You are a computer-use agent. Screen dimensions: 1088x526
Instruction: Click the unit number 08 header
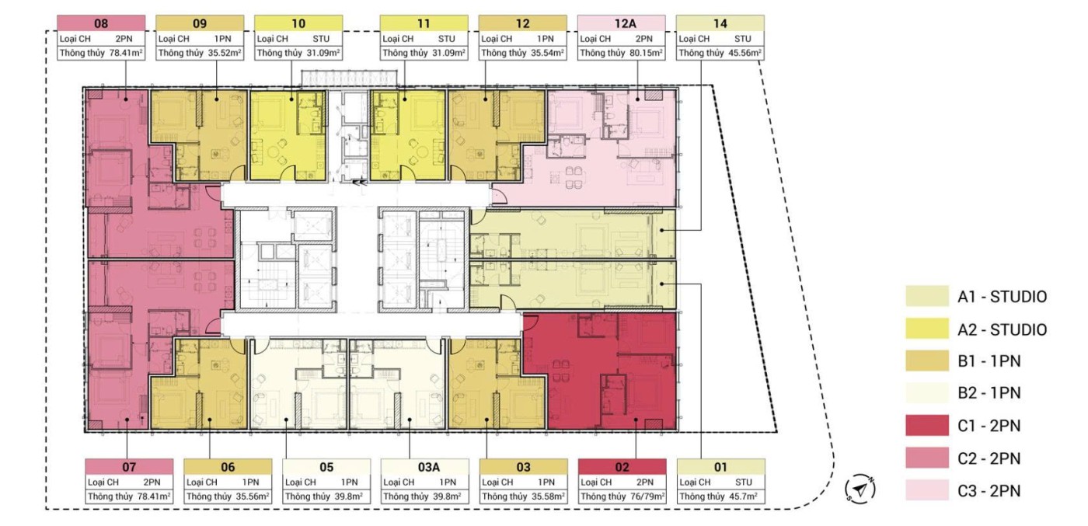coord(101,23)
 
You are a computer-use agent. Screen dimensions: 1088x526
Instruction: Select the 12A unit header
coord(621,23)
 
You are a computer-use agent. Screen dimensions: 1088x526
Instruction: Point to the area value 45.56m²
coord(745,53)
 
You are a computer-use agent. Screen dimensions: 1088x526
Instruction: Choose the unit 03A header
coord(425,467)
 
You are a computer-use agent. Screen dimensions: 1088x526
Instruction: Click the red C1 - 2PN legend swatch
coord(926,426)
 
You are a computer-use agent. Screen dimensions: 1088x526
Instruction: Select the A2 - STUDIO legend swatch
coord(926,329)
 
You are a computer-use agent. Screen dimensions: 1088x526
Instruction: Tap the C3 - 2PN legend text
coord(989,491)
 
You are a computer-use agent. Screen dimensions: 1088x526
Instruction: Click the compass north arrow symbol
coord(860,489)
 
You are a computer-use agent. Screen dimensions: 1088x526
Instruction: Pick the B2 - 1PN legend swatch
coord(926,393)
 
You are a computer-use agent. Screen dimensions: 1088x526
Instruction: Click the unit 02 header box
coord(622,467)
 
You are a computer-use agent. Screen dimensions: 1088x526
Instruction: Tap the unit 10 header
coord(298,23)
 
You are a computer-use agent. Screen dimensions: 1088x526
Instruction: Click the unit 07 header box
coord(129,467)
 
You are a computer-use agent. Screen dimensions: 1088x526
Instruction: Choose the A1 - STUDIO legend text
coord(1002,297)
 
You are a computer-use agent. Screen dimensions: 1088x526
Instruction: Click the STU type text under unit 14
coord(743,39)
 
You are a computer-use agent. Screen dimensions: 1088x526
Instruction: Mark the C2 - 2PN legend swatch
coord(926,458)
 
